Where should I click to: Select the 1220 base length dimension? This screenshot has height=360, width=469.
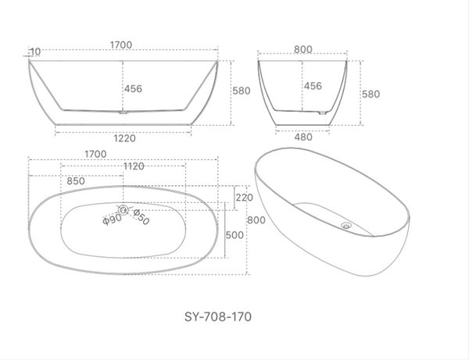(x=125, y=139)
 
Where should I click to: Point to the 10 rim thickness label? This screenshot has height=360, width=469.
(x=34, y=52)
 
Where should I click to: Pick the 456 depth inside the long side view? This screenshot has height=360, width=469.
(x=133, y=89)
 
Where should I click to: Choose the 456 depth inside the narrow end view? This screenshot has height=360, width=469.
(x=313, y=86)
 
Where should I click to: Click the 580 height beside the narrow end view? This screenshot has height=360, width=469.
(x=371, y=94)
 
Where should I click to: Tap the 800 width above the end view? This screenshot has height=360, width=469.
(x=303, y=49)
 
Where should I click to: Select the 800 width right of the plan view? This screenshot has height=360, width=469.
(x=256, y=220)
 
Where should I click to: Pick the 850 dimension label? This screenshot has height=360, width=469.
(x=76, y=180)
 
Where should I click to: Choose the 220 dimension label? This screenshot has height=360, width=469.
(x=244, y=198)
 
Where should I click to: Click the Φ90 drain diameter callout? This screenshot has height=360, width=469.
(x=111, y=219)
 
